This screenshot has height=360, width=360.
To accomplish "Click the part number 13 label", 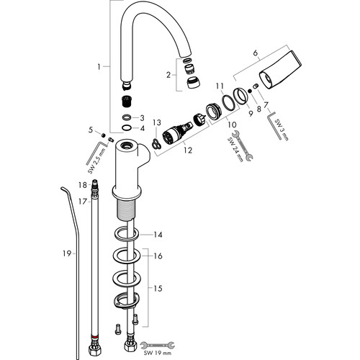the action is click(157, 122).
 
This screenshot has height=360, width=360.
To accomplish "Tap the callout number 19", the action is click(67, 253).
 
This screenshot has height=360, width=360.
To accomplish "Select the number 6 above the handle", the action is click(255, 53).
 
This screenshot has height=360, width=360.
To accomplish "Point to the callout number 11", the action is click(220, 86).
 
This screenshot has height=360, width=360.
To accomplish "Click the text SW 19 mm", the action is click(158, 353).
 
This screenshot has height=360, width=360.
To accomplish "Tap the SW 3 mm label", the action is click(282, 130).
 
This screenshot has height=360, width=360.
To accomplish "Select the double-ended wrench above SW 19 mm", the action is click(158, 345).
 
